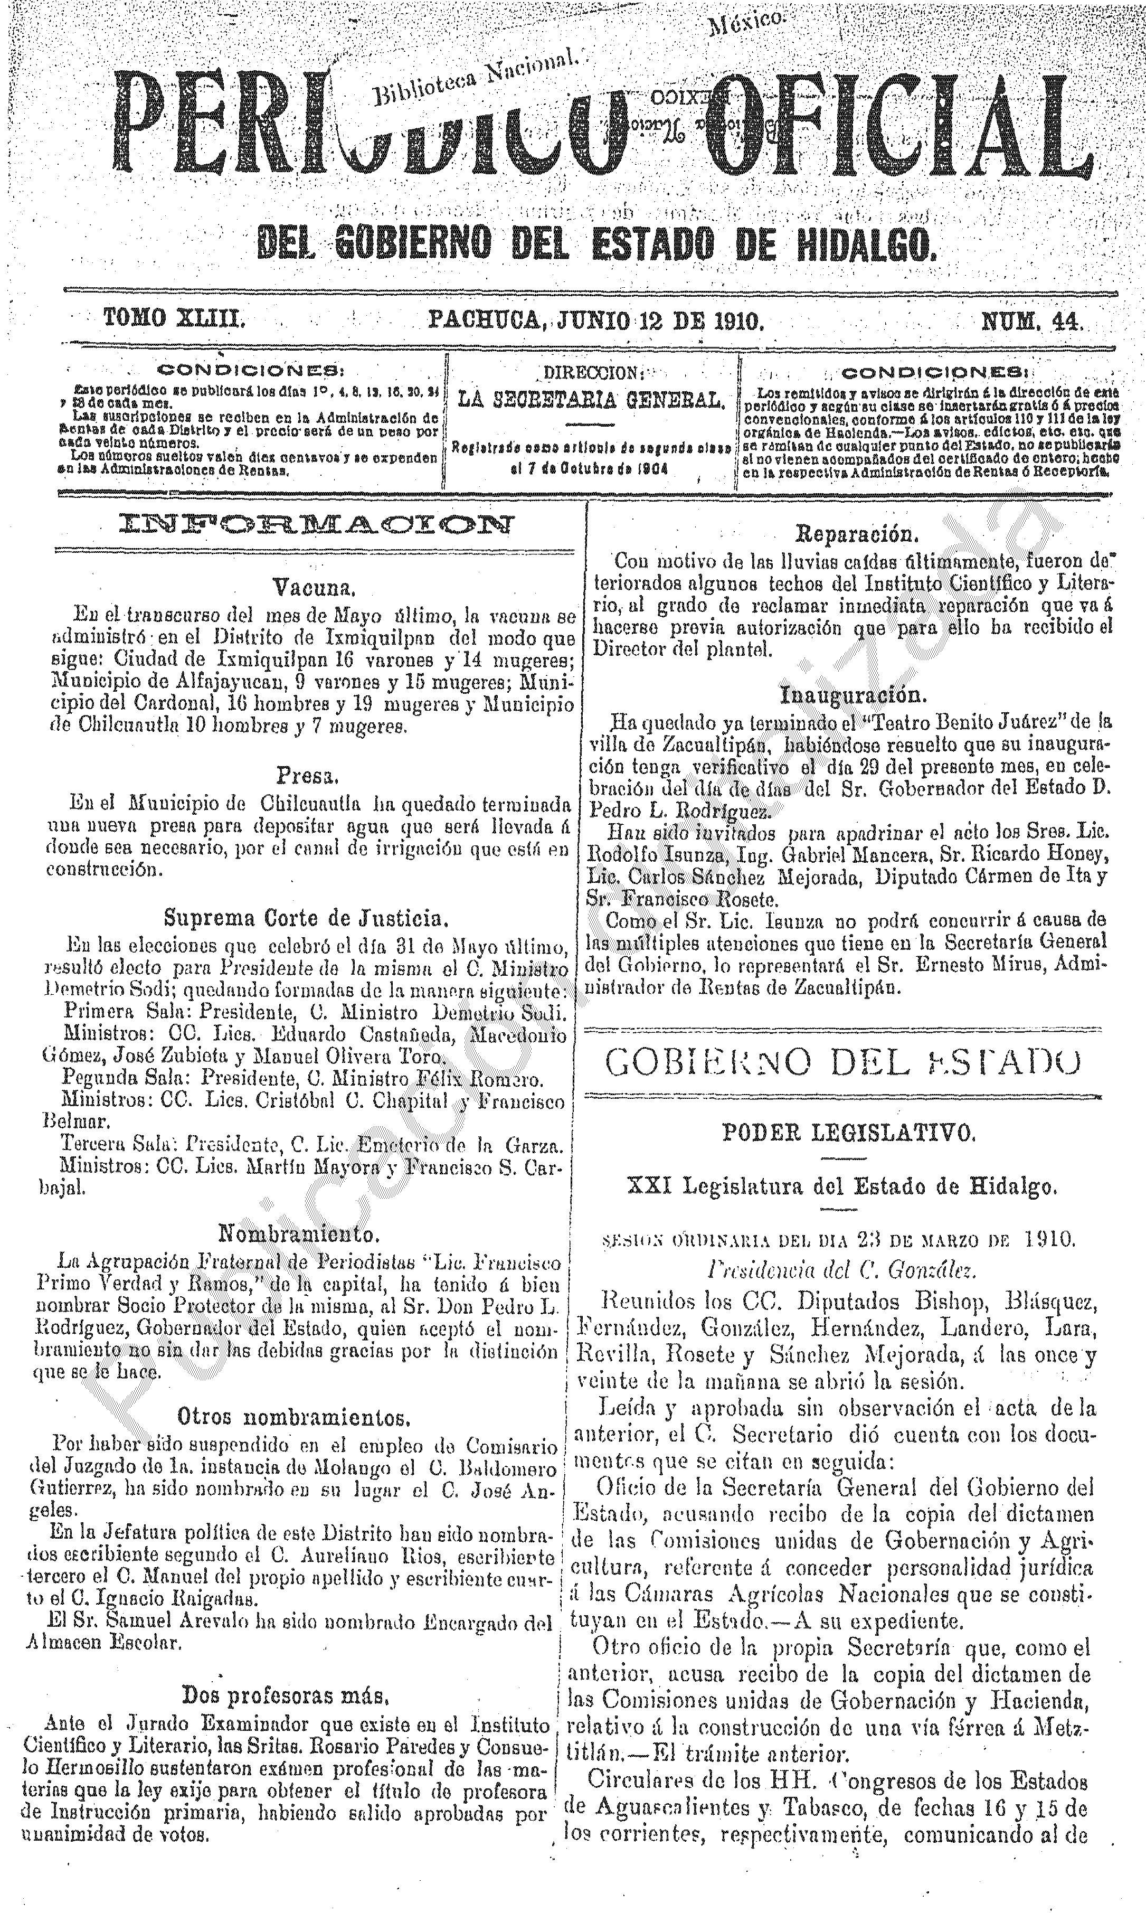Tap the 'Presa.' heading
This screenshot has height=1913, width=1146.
point(307,775)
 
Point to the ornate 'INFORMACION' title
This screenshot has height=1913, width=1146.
point(314,526)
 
